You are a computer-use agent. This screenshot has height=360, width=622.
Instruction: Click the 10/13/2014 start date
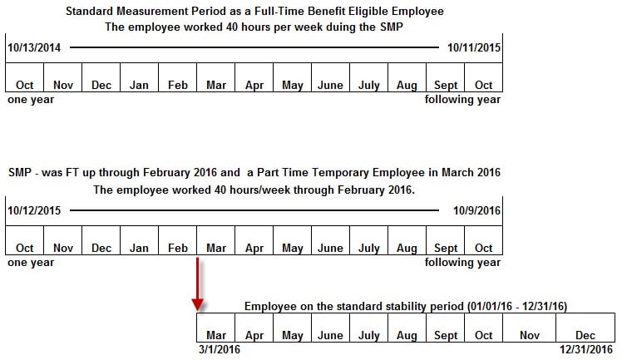[x=34, y=47]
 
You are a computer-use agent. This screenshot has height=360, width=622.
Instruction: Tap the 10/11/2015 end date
[x=473, y=47]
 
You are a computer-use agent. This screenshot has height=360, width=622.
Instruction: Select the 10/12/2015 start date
[x=34, y=210]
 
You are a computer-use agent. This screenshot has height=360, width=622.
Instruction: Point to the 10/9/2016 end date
[x=476, y=210]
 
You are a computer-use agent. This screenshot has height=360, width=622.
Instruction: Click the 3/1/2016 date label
[x=219, y=349]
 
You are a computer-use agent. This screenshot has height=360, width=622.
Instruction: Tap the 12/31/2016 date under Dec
[x=585, y=349]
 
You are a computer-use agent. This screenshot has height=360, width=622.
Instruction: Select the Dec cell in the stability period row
[x=585, y=335]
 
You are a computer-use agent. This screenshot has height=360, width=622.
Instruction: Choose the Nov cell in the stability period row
[x=530, y=335]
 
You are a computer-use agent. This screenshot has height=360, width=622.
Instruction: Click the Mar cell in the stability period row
[x=216, y=335]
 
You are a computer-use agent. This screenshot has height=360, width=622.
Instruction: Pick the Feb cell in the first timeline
[x=177, y=85]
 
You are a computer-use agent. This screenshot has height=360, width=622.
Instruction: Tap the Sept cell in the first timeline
[x=446, y=85]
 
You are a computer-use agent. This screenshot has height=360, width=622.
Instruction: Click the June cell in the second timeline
[x=330, y=248]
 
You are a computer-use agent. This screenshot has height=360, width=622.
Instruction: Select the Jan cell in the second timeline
[x=139, y=248]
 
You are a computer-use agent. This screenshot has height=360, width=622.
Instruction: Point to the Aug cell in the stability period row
[x=407, y=335]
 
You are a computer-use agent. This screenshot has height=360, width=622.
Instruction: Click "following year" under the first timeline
[x=462, y=100]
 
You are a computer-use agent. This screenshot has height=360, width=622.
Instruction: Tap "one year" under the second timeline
[x=31, y=263]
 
